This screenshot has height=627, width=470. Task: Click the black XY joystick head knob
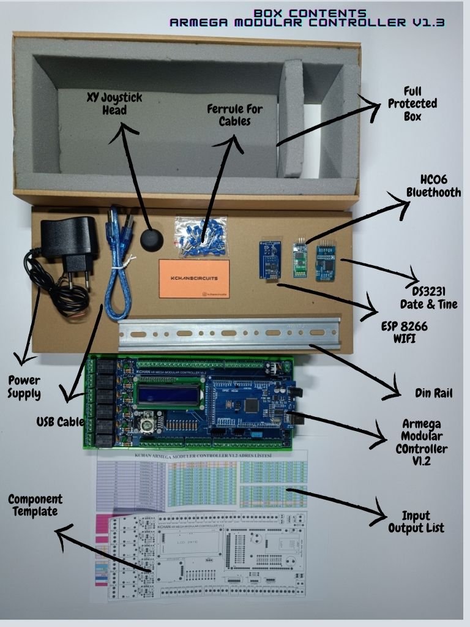tap(152, 239)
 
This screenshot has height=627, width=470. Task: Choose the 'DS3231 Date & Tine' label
tap(428, 296)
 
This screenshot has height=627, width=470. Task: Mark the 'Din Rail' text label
tap(433, 393)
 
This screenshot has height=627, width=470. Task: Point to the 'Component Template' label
tap(35, 506)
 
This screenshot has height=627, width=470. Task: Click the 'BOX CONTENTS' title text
tap(310, 13)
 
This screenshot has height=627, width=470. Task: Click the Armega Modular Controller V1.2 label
tap(425, 442)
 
